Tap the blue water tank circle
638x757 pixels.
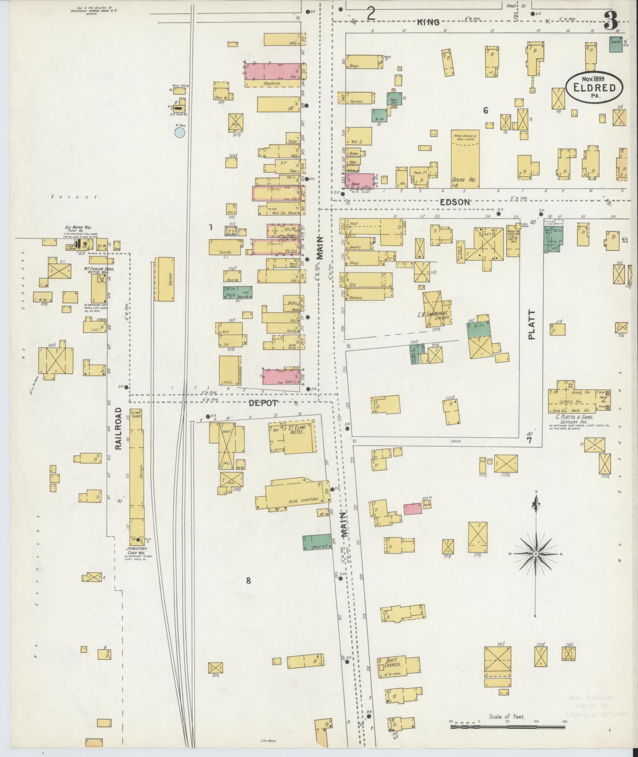[180, 132]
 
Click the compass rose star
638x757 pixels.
[536, 554]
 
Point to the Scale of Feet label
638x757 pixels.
[507, 717]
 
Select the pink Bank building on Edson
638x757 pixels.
[359, 180]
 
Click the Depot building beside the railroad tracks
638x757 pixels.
[165, 279]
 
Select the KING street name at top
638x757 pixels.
[428, 22]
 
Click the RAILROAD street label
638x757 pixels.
[119, 428]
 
